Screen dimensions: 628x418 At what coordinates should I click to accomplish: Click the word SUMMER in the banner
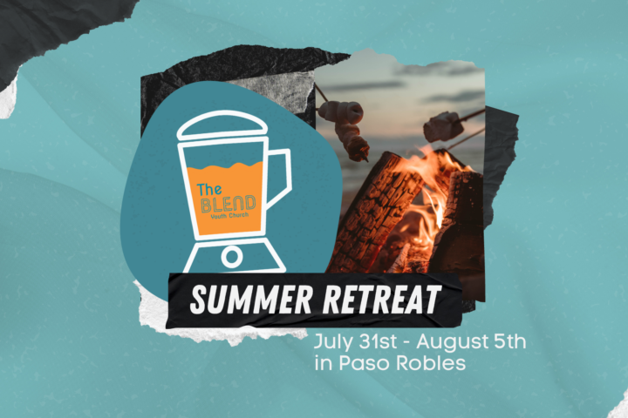coord(250,299)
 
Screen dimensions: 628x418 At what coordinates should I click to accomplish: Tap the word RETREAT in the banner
coord(382,299)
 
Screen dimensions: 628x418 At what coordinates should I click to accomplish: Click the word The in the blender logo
coord(209,189)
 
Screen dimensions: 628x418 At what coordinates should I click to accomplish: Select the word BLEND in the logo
coord(228,204)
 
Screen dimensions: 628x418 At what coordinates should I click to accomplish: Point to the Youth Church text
coord(229,216)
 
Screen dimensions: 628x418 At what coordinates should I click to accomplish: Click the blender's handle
coord(279,177)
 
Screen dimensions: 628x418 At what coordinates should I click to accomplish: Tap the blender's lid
coord(222,125)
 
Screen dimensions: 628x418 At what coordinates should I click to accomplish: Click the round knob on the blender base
coord(231,257)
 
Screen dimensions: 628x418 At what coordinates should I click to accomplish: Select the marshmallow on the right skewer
coord(443,126)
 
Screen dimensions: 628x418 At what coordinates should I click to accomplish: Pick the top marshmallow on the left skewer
coord(341,111)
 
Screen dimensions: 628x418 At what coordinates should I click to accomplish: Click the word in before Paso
coord(324,363)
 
